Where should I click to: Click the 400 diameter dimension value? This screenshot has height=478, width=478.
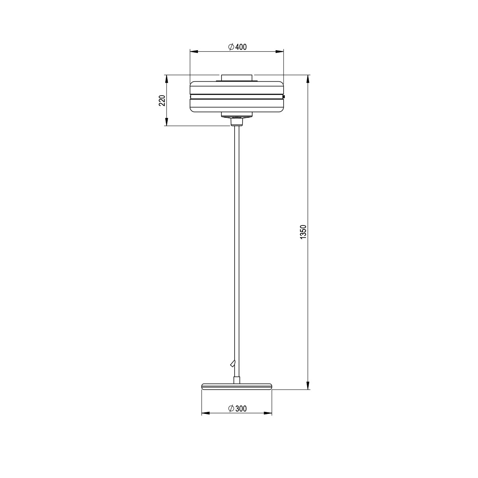[241, 47]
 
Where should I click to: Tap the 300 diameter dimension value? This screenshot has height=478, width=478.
[241, 409]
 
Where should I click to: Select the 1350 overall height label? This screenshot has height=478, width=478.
[303, 232]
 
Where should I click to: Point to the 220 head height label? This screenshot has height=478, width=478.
[162, 101]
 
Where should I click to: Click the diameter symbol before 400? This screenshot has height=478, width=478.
[231, 47]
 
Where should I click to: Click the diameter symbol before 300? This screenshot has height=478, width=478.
[231, 409]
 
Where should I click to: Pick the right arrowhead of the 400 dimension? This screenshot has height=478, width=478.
[280, 51]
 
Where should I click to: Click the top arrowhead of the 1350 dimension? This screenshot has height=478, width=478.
[308, 78]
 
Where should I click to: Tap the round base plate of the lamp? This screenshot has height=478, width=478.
[237, 386]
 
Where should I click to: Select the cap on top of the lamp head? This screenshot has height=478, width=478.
[237, 77]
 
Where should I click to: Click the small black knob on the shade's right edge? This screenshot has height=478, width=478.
[284, 96]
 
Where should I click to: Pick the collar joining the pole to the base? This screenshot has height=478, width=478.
[237, 380]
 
